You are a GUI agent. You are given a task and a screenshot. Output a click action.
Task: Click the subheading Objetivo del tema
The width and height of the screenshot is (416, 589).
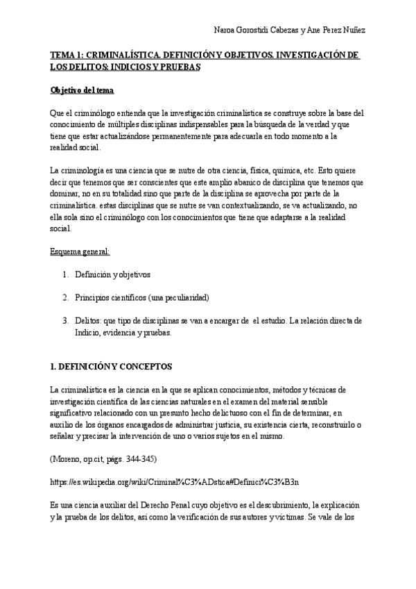pos(78,90)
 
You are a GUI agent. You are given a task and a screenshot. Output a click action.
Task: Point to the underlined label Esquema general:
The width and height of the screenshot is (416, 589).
pos(80,251)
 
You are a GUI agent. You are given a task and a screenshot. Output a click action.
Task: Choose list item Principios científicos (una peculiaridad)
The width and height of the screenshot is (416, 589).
pos(142,297)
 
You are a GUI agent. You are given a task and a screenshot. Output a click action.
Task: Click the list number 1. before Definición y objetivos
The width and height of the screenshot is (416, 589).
pos(65,274)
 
